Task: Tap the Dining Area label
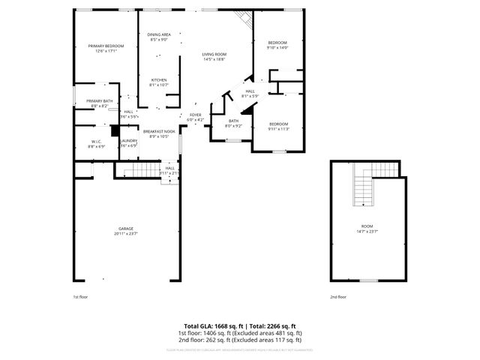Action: click(158, 37)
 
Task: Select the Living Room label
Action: click(214, 56)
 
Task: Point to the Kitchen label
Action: click(158, 82)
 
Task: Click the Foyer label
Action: click(194, 116)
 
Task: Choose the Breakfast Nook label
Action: click(158, 133)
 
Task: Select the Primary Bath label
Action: click(99, 103)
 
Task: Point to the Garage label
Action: click(125, 230)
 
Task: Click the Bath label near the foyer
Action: click(233, 123)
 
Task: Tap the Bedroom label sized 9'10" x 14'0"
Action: click(277, 45)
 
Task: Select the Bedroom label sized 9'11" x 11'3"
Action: click(278, 126)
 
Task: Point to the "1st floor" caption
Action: click(80, 297)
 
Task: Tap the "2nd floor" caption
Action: click(338, 297)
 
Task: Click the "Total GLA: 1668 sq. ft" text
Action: click(209, 325)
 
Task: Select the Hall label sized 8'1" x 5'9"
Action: click(250, 93)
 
